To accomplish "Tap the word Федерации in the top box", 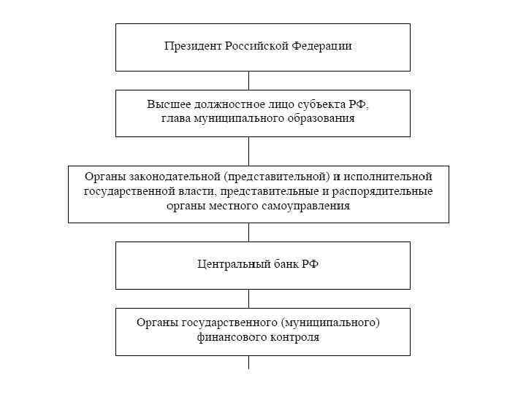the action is coord(322,46).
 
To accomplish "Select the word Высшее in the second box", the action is coord(165,104).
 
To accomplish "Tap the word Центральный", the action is coord(232,264).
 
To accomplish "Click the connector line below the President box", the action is coord(248,80).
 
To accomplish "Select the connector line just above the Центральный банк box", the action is coord(248,232).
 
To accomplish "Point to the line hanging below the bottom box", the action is coord(248,362).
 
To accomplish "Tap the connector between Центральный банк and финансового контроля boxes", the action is coord(248,298).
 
